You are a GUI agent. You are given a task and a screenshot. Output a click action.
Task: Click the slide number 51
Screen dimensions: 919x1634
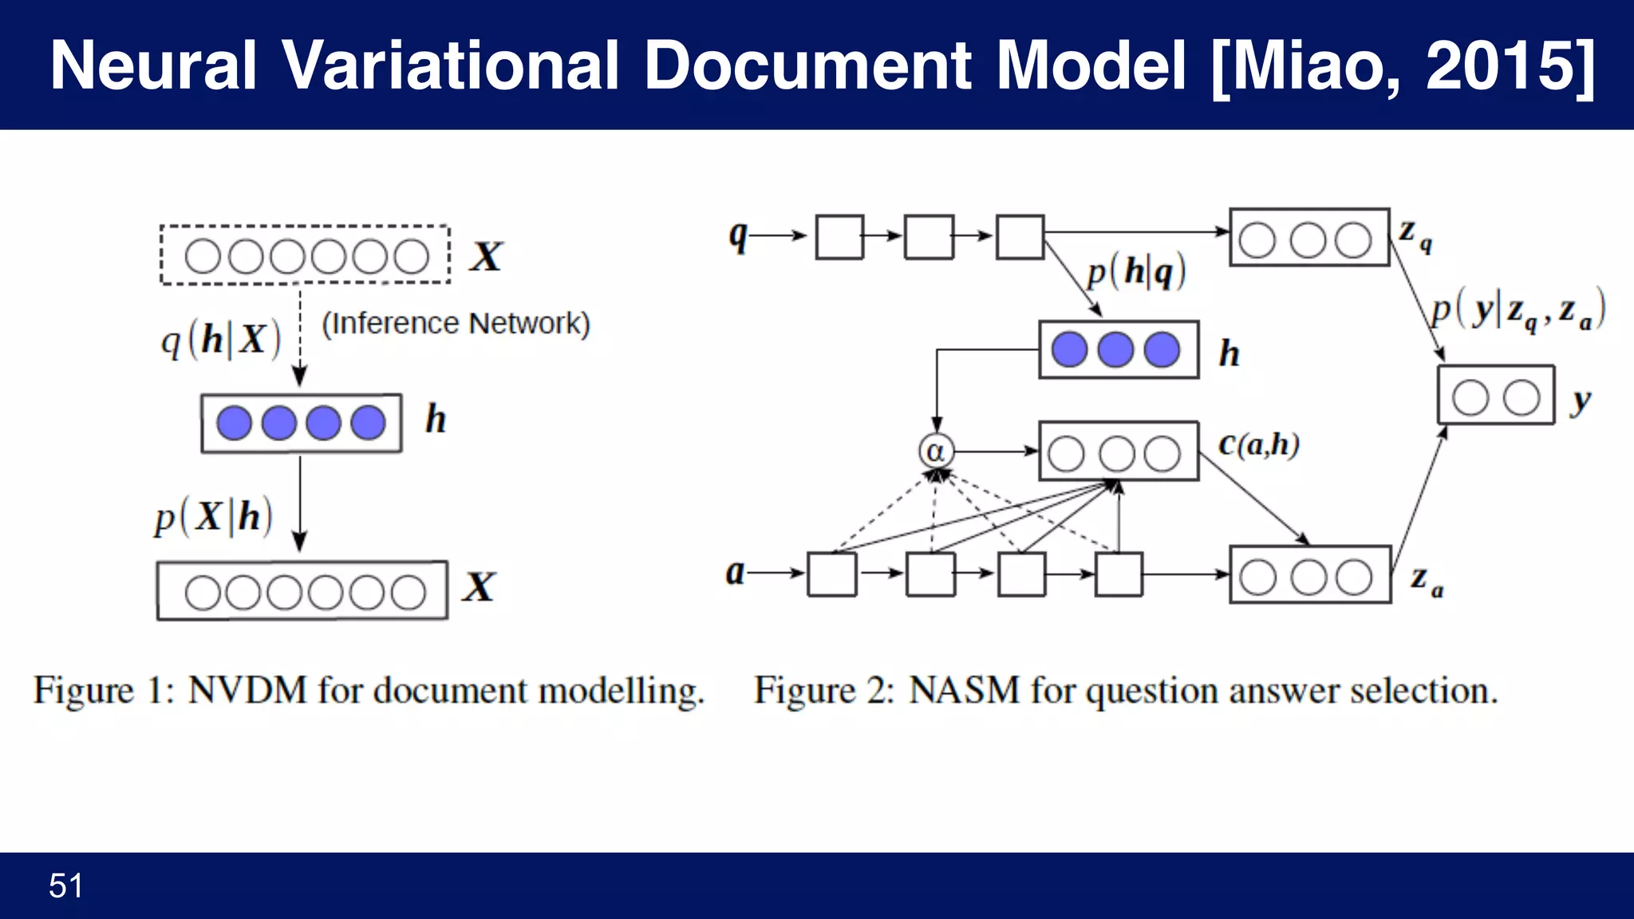65,885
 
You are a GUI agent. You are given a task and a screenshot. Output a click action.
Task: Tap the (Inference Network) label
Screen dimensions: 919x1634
456,323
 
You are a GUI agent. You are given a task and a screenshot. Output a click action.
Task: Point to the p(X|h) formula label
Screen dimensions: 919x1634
214,517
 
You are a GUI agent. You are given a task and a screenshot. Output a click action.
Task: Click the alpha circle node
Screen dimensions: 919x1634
935,452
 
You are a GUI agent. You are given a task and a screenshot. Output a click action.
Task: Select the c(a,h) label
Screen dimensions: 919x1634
1259,444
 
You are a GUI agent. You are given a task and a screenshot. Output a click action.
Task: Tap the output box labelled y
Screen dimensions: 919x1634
1495,396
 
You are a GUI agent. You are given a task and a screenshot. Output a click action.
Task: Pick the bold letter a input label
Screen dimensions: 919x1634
735,573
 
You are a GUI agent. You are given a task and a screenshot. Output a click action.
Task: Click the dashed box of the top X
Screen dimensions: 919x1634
305,255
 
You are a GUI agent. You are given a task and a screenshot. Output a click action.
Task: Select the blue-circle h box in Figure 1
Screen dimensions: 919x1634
301,423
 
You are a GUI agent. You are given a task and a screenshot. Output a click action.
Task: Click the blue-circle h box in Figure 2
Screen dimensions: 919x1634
1118,349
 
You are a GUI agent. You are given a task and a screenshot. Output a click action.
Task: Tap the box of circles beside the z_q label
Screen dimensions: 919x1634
1308,238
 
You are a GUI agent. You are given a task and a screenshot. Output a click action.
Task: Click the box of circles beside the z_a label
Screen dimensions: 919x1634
1310,575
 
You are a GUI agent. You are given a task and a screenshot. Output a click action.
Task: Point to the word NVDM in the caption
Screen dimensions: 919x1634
247,691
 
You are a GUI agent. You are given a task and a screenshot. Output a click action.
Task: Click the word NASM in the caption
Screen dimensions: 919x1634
964,691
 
